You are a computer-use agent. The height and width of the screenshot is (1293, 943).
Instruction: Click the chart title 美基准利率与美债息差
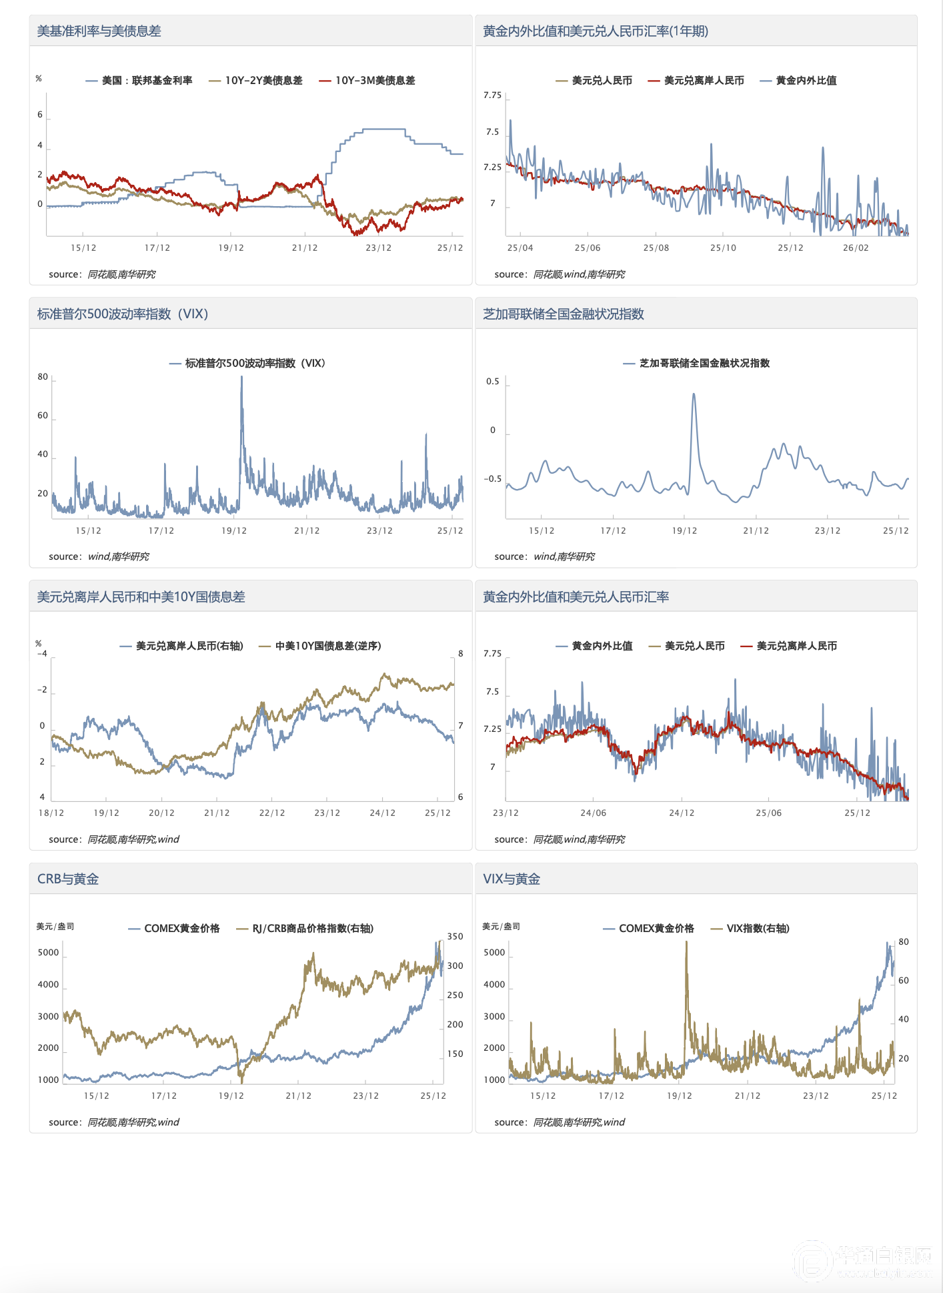coord(99,31)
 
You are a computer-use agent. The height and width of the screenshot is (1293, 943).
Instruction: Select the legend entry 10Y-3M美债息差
coord(375,81)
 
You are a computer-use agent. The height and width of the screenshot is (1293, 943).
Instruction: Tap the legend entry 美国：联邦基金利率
coord(147,81)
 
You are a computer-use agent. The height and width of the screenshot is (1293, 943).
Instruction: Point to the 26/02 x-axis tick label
coord(856,248)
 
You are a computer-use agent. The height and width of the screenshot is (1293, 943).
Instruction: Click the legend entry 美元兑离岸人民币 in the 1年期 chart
coord(704,81)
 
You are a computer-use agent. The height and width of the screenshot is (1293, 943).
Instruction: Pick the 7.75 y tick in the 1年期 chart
coord(492,95)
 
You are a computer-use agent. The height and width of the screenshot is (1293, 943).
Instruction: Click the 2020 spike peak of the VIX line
coord(241,377)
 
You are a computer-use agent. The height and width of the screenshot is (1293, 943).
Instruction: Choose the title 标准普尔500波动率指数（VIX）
coord(123,314)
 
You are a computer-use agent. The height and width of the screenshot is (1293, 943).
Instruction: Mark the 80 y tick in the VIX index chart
coord(43,377)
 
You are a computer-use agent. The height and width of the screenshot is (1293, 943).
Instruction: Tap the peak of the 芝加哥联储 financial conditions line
coord(694,394)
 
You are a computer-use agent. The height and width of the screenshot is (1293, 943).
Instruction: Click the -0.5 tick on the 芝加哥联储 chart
coord(493,479)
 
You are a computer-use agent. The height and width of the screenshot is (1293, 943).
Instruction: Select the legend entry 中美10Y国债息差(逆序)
coord(327,646)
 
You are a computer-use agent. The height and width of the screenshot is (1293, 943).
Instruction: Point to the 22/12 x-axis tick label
coord(272,813)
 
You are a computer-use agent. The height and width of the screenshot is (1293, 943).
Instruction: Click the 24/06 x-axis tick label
coord(594,813)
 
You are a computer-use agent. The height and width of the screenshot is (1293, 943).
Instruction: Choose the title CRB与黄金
coord(68,879)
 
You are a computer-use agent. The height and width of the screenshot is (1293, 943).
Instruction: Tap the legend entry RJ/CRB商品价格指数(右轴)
coord(312,929)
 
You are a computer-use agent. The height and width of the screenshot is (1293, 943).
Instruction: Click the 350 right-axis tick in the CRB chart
coord(455,937)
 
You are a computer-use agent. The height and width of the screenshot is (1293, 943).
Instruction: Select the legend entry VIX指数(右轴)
coord(758,929)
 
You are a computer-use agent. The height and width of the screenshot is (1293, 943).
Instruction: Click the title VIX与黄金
coord(512,879)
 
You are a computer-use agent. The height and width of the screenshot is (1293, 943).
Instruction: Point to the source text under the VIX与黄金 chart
coord(560,1122)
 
